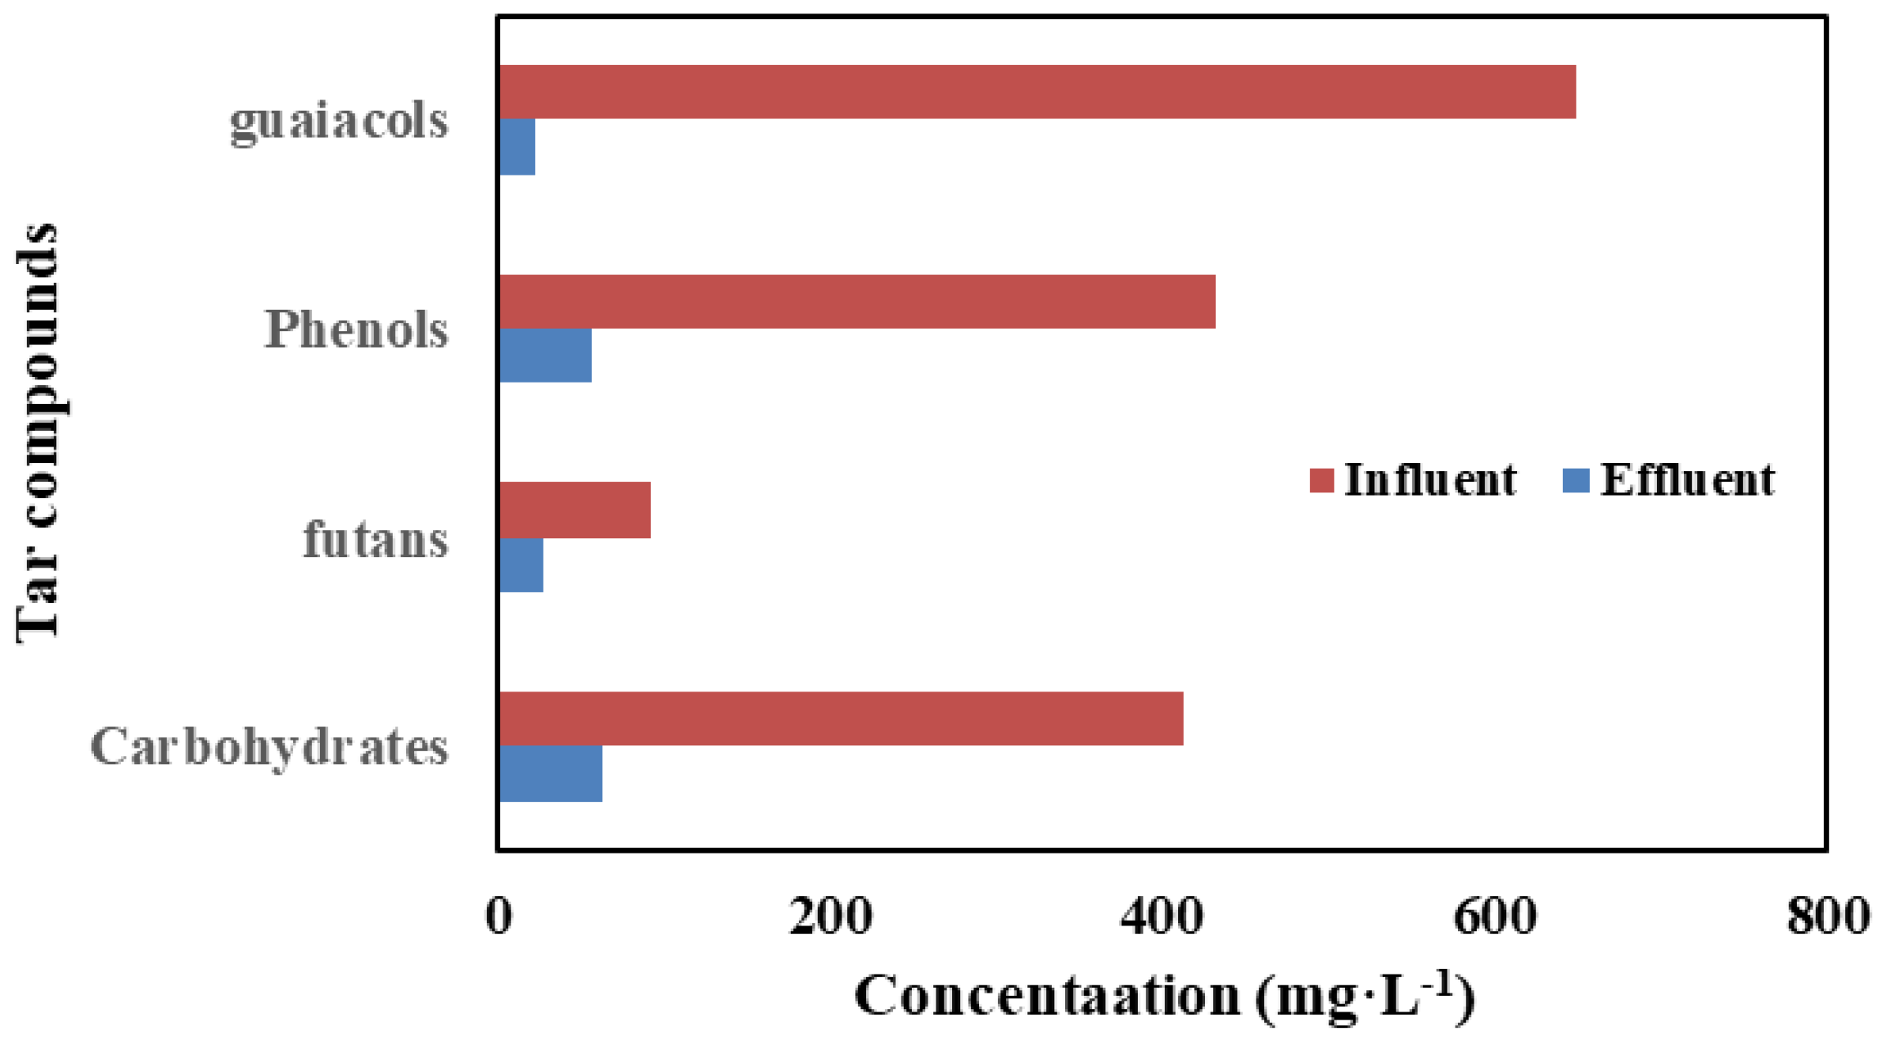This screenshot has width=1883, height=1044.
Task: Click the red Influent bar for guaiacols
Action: point(1037,92)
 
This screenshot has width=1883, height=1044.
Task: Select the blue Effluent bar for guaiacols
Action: point(518,147)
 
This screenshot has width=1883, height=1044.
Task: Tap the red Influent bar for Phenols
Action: point(857,302)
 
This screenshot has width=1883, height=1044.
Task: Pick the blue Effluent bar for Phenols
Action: point(545,356)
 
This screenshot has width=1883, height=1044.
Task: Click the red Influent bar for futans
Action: point(575,511)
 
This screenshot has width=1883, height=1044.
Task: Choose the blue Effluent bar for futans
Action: point(522,565)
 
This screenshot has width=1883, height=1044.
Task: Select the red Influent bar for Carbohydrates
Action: point(841,718)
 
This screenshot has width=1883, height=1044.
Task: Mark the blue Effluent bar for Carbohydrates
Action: point(551,774)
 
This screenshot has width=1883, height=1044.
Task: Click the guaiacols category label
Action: point(339,122)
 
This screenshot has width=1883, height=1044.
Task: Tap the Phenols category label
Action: point(356,330)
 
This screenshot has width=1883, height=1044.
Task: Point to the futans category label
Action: point(376,540)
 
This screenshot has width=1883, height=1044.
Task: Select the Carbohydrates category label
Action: point(269,747)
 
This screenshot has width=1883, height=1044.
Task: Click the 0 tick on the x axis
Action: point(499,917)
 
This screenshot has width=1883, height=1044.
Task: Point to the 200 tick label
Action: point(830,917)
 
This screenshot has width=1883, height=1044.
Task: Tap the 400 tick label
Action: point(1162,917)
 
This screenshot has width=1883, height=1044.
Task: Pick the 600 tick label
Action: point(1495,917)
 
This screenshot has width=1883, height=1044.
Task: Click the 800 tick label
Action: point(1828,917)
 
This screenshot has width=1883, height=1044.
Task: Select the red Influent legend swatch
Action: point(1321,480)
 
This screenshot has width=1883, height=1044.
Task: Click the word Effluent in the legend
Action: point(1688,480)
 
